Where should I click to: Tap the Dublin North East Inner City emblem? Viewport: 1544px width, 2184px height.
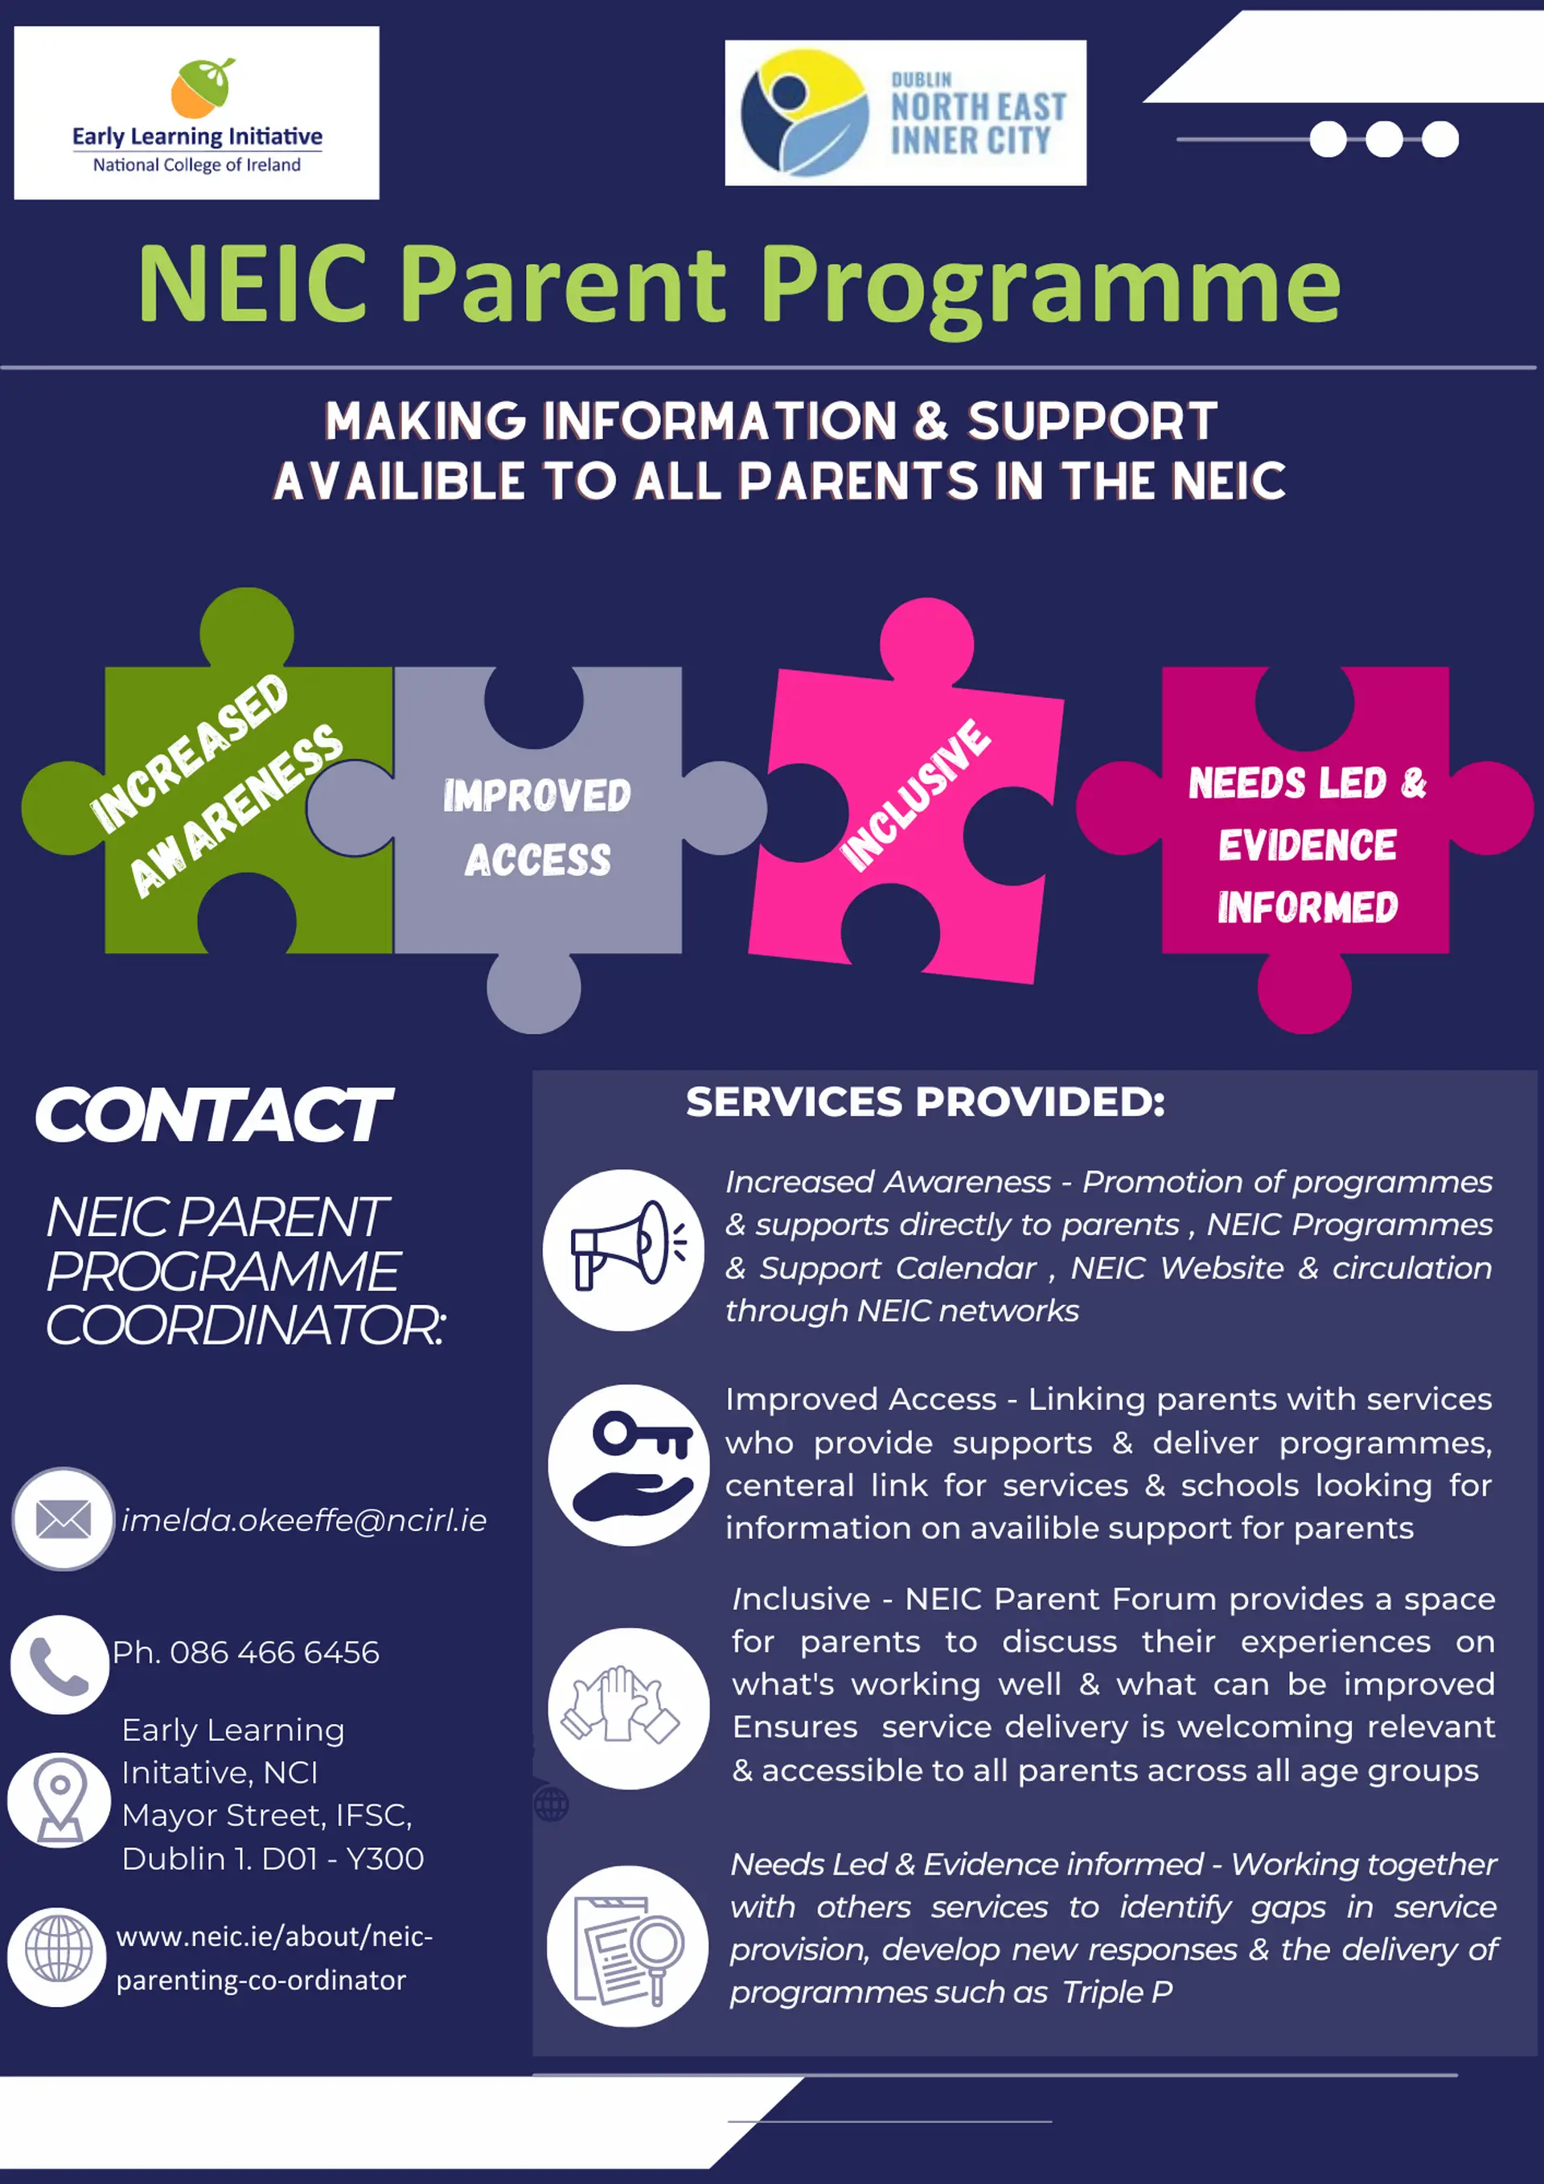click(x=805, y=113)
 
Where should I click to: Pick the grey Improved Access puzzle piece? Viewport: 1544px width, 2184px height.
click(x=537, y=827)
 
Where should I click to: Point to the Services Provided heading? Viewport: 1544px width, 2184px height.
click(x=925, y=1102)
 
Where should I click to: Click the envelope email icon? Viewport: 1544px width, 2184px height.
click(x=63, y=1519)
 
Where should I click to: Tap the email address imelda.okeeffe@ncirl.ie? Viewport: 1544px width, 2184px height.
click(x=303, y=1520)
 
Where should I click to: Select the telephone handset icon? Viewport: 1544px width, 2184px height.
click(x=59, y=1665)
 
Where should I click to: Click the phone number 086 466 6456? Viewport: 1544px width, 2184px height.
click(x=274, y=1652)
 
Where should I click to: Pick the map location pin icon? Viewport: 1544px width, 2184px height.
click(x=59, y=1799)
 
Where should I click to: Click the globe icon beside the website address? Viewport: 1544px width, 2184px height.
click(x=58, y=1948)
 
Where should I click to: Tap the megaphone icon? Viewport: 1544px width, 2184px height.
click(x=624, y=1249)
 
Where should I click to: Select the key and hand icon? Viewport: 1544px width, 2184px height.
click(x=629, y=1465)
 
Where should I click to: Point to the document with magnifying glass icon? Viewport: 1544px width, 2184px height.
click(x=627, y=1946)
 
